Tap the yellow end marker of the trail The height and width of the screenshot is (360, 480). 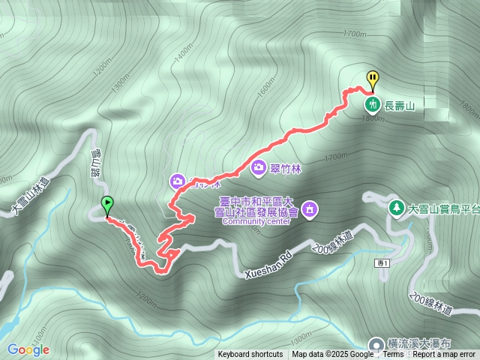[373, 78]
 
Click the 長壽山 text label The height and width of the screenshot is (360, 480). [400, 106]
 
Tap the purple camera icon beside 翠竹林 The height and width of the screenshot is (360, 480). [259, 167]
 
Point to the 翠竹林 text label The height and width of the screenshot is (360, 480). [284, 168]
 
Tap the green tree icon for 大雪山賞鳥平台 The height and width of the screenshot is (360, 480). [395, 206]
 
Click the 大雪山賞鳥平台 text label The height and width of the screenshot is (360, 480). [443, 208]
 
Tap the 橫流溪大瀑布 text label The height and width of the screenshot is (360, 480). [420, 342]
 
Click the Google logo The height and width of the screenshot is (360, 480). [28, 349]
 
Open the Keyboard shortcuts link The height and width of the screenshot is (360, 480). [250, 355]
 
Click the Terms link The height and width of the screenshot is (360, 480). [393, 355]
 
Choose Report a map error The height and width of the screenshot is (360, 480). [443, 355]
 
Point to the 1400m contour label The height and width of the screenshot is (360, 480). [182, 54]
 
